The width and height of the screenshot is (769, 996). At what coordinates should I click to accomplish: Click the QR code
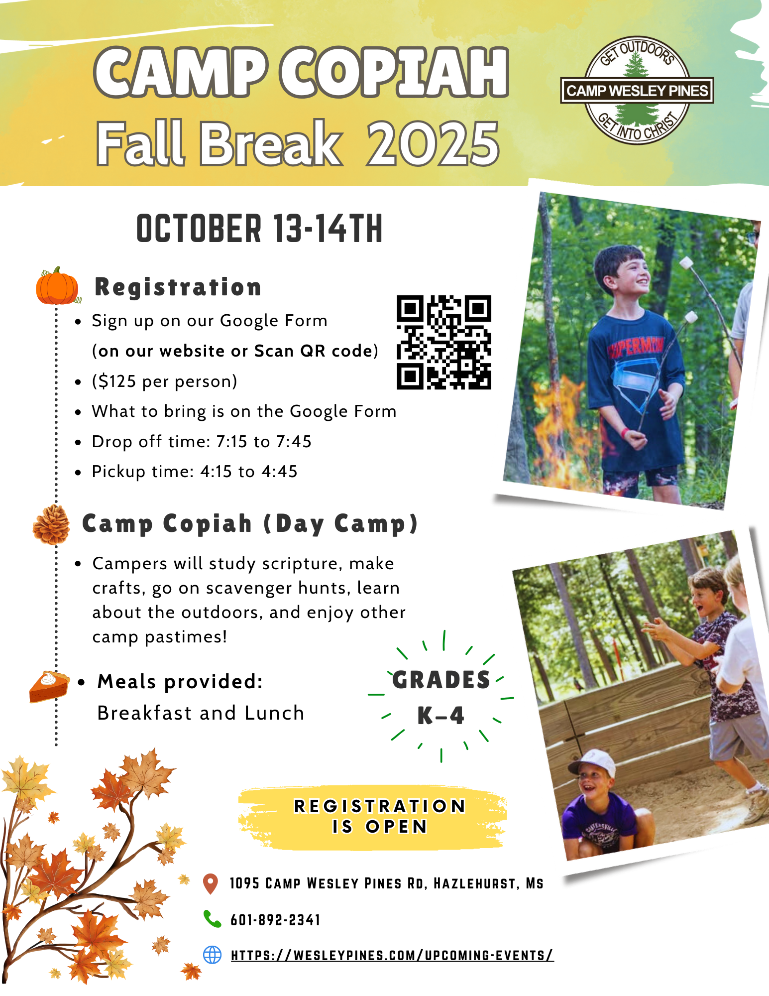[444, 342]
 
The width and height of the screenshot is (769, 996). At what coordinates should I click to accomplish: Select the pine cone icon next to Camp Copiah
[51, 524]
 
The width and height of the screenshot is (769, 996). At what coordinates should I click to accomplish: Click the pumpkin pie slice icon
[49, 687]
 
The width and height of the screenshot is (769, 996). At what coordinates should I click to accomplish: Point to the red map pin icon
[211, 883]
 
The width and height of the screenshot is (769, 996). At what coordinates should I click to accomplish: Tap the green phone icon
[212, 919]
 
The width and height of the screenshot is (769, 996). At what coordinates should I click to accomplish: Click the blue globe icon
[213, 955]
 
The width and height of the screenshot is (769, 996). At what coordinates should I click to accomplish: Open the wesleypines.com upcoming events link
[392, 955]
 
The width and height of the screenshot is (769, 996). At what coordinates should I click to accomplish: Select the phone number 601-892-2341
[275, 920]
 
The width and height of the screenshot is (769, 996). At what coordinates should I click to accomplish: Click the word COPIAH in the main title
[394, 72]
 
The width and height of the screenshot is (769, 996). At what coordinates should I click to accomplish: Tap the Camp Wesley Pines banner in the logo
[637, 91]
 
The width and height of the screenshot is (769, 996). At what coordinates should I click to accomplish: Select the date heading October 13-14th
[259, 229]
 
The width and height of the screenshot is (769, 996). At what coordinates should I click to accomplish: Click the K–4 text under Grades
[440, 716]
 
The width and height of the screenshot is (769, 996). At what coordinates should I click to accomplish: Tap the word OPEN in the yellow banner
[397, 827]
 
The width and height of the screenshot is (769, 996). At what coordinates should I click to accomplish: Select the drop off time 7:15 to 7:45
[264, 442]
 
